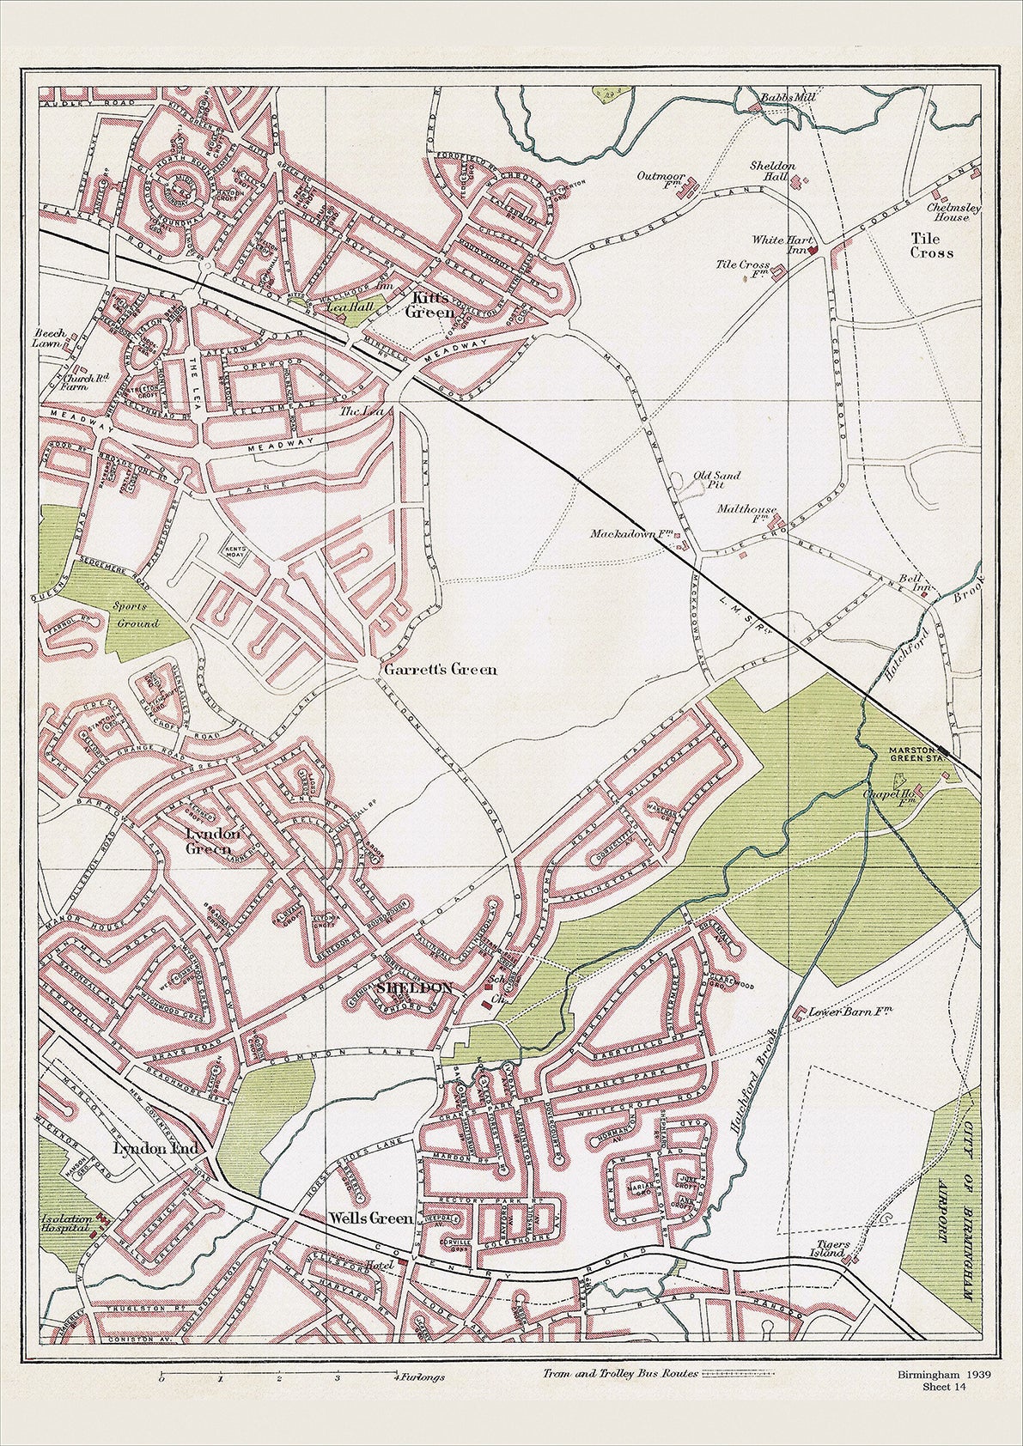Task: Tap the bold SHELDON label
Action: coord(415,988)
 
